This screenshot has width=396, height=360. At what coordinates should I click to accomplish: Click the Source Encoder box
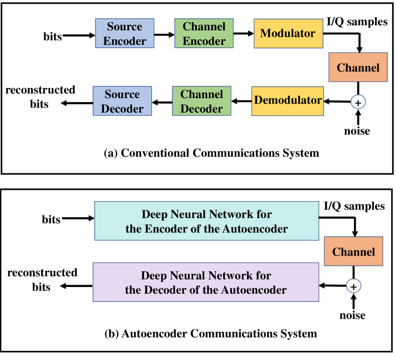coord(125,34)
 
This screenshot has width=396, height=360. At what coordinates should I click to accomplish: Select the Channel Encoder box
coord(204,34)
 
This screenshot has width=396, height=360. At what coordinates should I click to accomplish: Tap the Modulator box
coord(288,34)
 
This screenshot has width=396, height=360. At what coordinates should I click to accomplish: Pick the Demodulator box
coord(288,101)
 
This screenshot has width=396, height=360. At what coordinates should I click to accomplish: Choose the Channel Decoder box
coord(201,101)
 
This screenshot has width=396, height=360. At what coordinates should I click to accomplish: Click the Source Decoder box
coord(122,101)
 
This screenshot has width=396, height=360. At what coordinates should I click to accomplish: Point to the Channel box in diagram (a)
coord(358,68)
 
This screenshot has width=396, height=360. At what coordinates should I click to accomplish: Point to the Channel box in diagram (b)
coord(354,252)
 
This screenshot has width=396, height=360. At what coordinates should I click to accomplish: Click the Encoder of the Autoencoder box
coord(207,221)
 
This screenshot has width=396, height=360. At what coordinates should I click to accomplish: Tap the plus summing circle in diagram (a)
coord(358,102)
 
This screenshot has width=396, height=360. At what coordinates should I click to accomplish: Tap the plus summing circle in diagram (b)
coord(354,286)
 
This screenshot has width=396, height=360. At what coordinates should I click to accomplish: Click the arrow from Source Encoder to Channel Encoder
coord(164,34)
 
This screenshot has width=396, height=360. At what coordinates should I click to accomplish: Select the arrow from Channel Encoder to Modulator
coord(243,34)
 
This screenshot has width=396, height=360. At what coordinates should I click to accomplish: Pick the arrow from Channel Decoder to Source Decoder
coord(162,101)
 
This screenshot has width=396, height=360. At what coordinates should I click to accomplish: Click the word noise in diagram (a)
coord(357,131)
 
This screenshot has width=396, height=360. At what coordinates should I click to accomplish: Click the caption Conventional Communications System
coord(211,153)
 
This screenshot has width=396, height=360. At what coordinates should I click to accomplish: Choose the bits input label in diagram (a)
coord(52,36)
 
